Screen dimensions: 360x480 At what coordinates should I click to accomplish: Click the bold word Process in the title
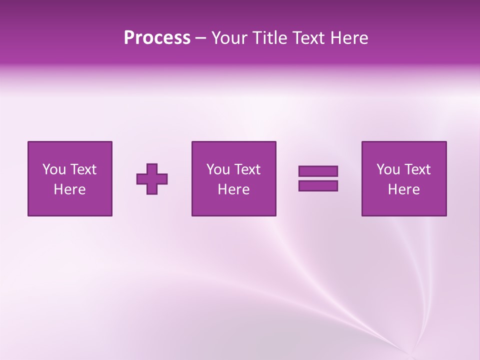point(157,38)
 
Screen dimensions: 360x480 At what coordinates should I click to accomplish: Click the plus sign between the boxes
point(152,179)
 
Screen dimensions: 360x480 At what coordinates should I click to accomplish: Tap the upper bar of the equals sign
point(318,171)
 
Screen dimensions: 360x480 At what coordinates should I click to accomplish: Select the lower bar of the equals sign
point(318,186)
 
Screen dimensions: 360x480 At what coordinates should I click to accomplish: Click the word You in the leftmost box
point(54,169)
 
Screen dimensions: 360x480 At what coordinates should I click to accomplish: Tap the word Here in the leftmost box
point(69,189)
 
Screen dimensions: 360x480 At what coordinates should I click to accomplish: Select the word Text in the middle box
point(247,169)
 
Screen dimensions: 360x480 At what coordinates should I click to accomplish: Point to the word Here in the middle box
point(233,189)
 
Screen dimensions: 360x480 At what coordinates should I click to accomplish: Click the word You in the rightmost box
point(388,169)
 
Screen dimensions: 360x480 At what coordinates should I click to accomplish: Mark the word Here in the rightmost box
point(403,189)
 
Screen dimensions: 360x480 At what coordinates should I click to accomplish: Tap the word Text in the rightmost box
point(417,169)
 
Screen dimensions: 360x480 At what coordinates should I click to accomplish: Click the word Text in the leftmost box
point(83,169)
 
